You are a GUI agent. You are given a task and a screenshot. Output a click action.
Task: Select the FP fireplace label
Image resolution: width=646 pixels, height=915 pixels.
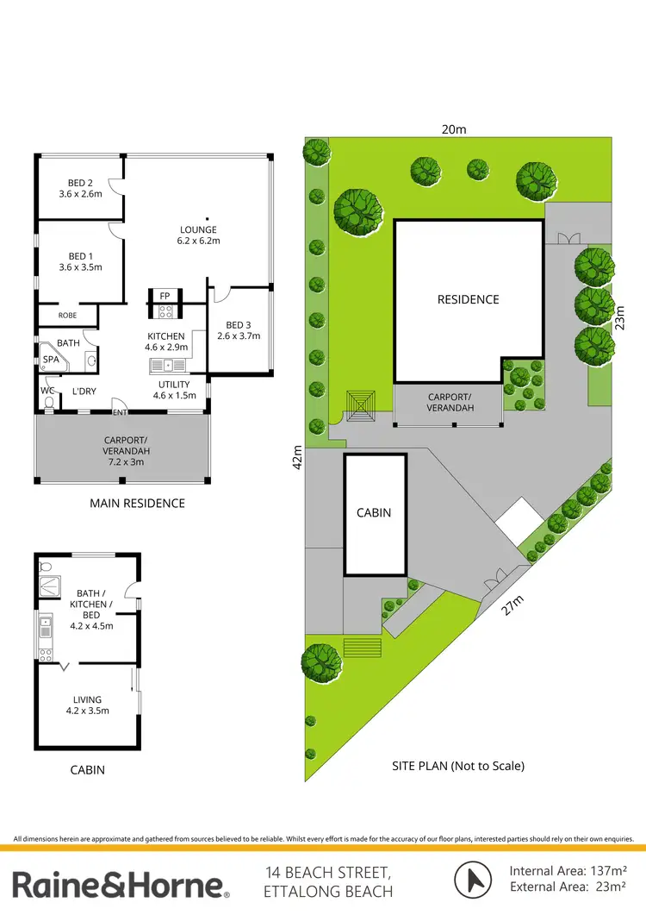click(164, 296)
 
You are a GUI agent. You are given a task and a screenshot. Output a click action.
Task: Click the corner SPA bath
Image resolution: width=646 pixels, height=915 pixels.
click(51, 360)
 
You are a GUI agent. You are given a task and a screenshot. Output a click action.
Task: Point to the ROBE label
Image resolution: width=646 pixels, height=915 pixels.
click(67, 316)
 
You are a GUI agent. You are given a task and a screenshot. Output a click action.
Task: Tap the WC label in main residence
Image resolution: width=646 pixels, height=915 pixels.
click(47, 391)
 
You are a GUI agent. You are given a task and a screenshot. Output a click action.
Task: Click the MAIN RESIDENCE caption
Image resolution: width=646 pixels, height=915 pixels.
click(137, 503)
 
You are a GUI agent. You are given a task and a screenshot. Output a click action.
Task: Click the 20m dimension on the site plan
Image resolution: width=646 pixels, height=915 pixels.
click(454, 129)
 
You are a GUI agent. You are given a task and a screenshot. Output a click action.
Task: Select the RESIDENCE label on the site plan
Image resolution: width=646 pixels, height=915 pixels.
click(468, 299)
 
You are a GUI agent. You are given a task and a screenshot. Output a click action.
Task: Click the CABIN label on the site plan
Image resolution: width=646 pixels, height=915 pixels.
click(374, 512)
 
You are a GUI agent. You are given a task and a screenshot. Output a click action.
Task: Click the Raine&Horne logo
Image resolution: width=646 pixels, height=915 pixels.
click(120, 884)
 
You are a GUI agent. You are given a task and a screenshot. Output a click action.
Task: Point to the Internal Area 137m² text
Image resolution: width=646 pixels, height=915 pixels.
click(568, 871)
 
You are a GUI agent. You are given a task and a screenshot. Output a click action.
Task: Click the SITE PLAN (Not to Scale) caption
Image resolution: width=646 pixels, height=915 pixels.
click(457, 765)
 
